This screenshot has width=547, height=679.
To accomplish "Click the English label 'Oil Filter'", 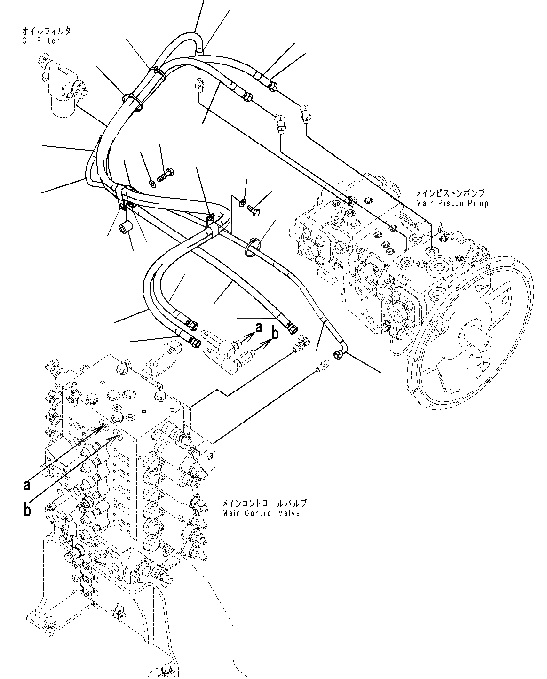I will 40,40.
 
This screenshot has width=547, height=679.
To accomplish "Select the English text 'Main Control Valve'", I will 261,513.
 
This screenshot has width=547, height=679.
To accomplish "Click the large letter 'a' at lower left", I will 27,484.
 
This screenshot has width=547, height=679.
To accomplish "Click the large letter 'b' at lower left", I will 27,510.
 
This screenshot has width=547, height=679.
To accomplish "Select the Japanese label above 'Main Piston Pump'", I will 449,193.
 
